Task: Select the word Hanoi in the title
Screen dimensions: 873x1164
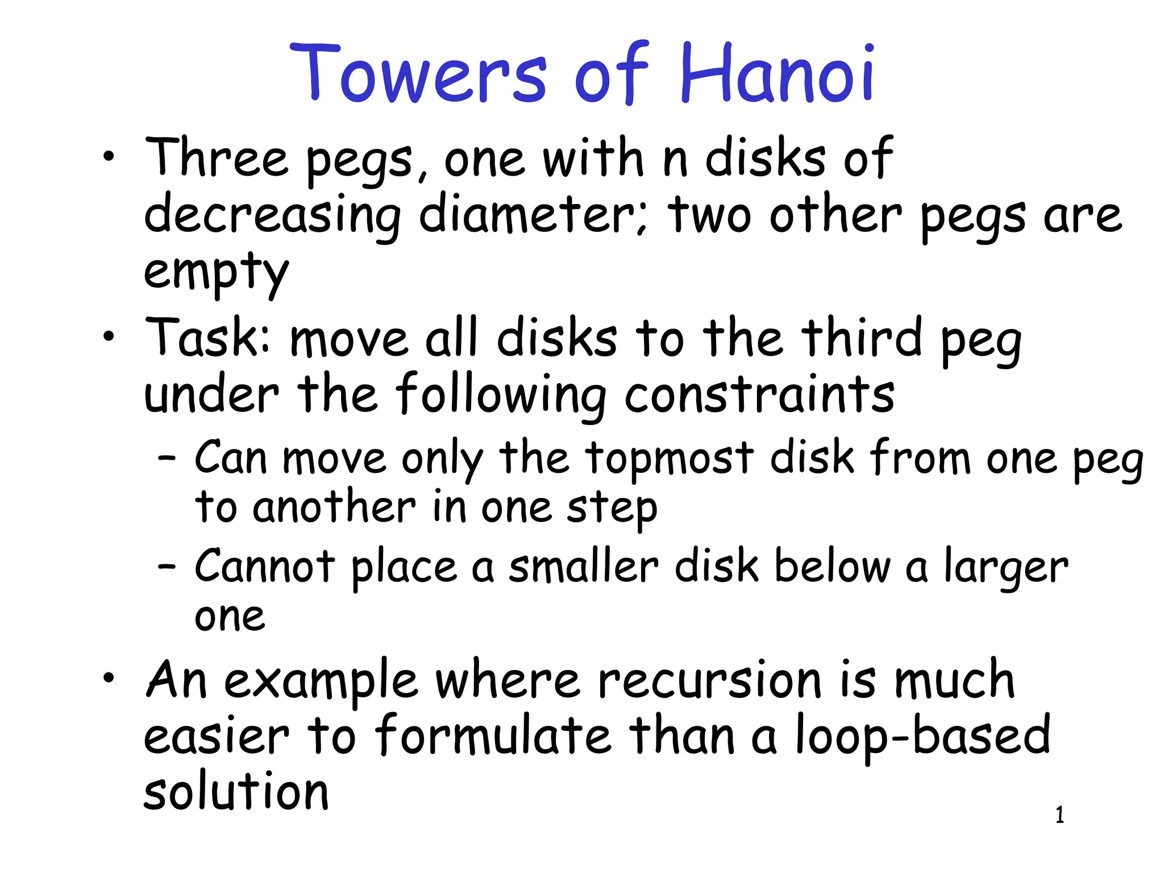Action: click(776, 74)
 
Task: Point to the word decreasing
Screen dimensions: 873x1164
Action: click(272, 217)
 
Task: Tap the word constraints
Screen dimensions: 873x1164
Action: click(759, 394)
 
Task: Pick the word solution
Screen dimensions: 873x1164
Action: click(236, 792)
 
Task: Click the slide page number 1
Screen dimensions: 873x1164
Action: click(1059, 815)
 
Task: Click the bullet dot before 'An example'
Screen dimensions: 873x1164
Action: click(109, 677)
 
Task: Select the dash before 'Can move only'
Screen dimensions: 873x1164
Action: click(167, 458)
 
